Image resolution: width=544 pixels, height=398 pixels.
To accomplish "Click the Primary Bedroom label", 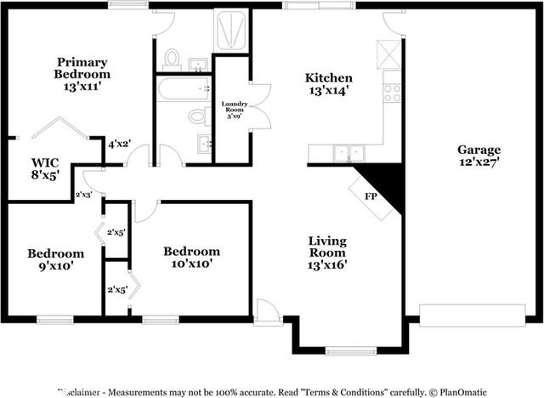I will coord(83,73).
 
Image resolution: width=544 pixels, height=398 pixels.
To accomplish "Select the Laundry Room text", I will coord(234,110).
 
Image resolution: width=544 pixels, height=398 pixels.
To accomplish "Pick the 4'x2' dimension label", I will coord(118,145).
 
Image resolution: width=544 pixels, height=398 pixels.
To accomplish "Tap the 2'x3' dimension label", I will coord(84,195).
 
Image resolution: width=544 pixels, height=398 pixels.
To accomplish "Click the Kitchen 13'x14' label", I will coord(329,84).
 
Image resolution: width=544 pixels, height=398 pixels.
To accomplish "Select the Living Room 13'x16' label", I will coord(327,252).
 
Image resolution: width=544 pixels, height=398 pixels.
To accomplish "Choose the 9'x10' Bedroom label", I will coord(56,259).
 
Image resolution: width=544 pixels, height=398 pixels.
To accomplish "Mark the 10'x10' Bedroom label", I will coord(192,257).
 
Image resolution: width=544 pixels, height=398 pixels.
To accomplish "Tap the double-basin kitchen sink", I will coord(347,153).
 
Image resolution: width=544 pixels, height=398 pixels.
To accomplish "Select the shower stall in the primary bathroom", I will coord(231,32).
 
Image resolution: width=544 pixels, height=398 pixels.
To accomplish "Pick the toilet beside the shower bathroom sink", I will coord(173,59).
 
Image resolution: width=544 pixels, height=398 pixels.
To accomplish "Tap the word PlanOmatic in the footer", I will coord(463,391).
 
